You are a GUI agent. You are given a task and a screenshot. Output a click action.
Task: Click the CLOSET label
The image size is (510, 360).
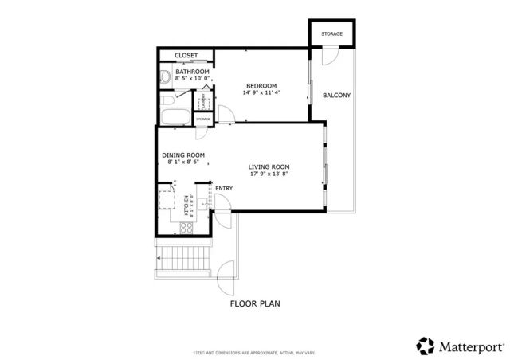186,55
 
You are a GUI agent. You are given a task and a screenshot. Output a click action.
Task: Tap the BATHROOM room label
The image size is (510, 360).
192,72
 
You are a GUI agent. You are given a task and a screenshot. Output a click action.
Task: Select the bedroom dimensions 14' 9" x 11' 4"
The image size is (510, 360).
261,92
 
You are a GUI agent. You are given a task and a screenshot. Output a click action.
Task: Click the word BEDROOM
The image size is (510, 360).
261,85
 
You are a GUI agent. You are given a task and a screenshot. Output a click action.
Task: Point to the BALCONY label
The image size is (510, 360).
336,96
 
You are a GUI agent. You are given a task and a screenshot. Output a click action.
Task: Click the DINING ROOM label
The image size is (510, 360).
184,155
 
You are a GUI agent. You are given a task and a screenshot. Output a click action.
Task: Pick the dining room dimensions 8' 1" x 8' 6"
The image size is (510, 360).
184,162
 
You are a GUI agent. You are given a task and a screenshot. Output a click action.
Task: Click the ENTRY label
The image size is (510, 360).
224,189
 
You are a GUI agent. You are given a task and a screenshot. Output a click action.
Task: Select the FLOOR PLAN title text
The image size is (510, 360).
255,303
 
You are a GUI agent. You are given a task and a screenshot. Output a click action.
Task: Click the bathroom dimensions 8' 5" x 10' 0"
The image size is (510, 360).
192,79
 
